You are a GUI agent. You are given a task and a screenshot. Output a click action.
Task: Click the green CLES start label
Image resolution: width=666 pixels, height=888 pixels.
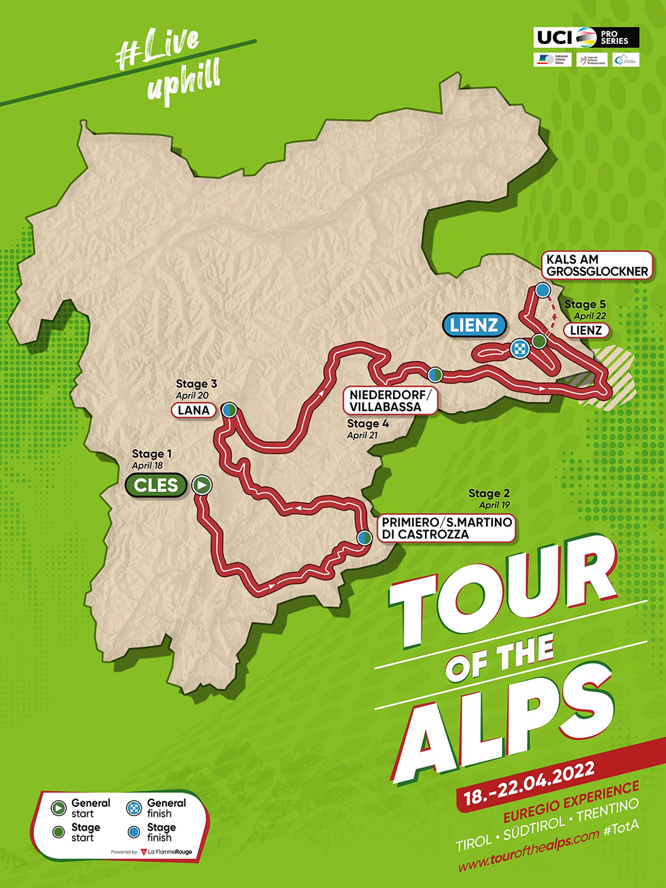pos(156,485)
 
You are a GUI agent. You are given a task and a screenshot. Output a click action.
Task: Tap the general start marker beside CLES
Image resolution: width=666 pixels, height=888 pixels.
pos(201,485)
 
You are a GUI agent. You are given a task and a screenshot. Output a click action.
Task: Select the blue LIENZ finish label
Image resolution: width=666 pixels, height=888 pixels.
pos(474,325)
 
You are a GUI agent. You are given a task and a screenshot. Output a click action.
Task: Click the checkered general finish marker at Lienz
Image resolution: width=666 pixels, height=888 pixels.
pos(519,348)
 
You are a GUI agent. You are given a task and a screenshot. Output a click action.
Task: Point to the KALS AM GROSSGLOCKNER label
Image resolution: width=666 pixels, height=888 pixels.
pos(597,265)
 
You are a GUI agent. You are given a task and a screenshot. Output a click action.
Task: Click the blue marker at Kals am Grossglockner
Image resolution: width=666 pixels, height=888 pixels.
pos(542,290)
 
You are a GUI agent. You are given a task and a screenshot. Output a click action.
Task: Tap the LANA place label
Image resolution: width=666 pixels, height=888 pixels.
pos(194,410)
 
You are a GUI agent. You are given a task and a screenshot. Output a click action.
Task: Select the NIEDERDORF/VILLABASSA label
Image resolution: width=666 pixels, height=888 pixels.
pos(390,401)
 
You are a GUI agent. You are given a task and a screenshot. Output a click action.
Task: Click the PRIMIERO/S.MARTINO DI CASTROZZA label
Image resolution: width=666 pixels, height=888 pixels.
pos(446,528)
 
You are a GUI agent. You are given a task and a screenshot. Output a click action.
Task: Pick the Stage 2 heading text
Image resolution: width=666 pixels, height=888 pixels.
pos(489,494)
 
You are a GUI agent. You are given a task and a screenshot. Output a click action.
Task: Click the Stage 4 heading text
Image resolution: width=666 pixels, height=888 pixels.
pos(368,424)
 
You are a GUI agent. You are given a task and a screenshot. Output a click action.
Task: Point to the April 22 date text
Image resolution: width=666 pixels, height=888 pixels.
pos(589,316)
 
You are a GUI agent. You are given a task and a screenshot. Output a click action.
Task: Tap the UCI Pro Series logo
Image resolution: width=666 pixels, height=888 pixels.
pos(586,37)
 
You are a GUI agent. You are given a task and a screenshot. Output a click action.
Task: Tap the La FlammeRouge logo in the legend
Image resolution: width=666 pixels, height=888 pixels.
pos(166,852)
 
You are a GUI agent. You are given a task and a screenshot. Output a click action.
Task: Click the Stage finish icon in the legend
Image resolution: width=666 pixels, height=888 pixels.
pos(134,832)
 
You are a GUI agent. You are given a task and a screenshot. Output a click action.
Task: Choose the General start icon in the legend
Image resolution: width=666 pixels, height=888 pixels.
pos(59,808)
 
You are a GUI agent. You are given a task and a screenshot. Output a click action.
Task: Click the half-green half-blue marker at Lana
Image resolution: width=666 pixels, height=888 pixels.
pos(229,410)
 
